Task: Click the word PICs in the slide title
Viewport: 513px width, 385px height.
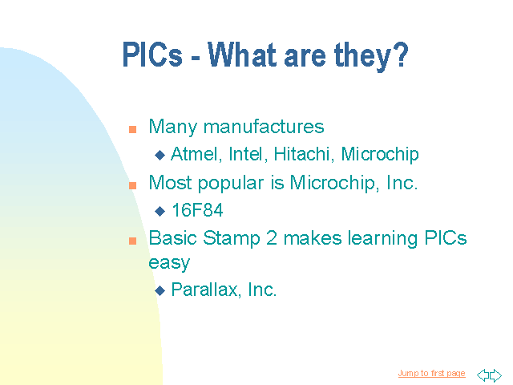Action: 152,55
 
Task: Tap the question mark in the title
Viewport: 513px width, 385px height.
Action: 400,54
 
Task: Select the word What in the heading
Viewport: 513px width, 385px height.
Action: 242,55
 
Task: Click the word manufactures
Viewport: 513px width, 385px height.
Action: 264,127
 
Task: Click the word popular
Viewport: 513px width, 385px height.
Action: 231,184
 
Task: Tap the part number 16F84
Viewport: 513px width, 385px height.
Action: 198,210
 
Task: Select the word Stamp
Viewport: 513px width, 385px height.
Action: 232,239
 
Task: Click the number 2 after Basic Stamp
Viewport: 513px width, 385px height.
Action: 272,238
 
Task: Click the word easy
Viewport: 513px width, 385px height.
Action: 169,263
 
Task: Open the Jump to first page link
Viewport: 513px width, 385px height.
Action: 431,374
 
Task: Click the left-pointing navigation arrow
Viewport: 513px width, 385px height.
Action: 483,375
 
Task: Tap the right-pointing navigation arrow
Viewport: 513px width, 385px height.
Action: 495,375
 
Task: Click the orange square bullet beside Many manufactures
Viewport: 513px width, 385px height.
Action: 132,129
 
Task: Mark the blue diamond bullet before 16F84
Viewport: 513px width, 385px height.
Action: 160,211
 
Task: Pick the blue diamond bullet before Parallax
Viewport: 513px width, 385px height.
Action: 160,290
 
